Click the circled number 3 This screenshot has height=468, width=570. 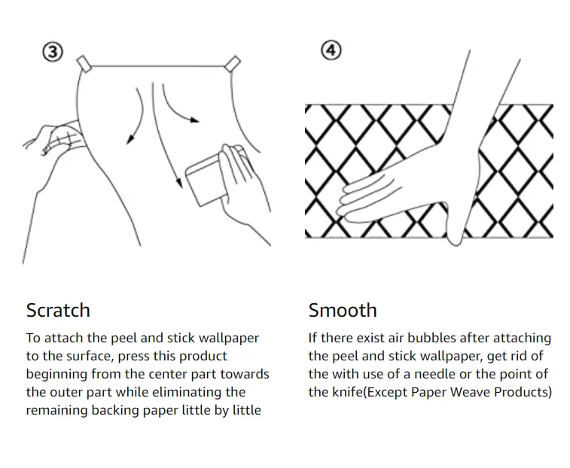pos(51,53)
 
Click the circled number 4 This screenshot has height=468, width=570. pos(331,50)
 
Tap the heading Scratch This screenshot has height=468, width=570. pos(58,310)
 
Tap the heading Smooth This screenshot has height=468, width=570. pos(343,310)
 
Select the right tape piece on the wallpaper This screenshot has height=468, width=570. pos(233,63)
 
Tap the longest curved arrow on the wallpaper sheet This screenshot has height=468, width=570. pos(167,143)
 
